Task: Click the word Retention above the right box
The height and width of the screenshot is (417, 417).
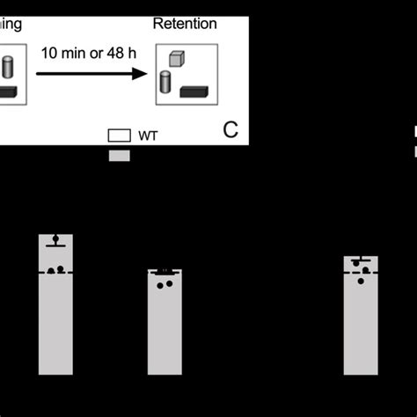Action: click(x=185, y=24)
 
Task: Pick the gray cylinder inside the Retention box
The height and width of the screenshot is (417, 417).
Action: click(x=165, y=84)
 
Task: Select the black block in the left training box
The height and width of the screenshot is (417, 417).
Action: click(x=9, y=92)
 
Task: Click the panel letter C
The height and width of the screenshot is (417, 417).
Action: click(x=230, y=130)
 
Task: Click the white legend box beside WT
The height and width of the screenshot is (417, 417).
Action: click(x=119, y=136)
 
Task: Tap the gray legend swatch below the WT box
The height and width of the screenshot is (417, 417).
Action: click(x=119, y=155)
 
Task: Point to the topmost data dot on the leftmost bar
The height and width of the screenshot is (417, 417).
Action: click(x=56, y=238)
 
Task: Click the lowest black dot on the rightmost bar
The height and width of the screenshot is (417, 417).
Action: click(x=361, y=281)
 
